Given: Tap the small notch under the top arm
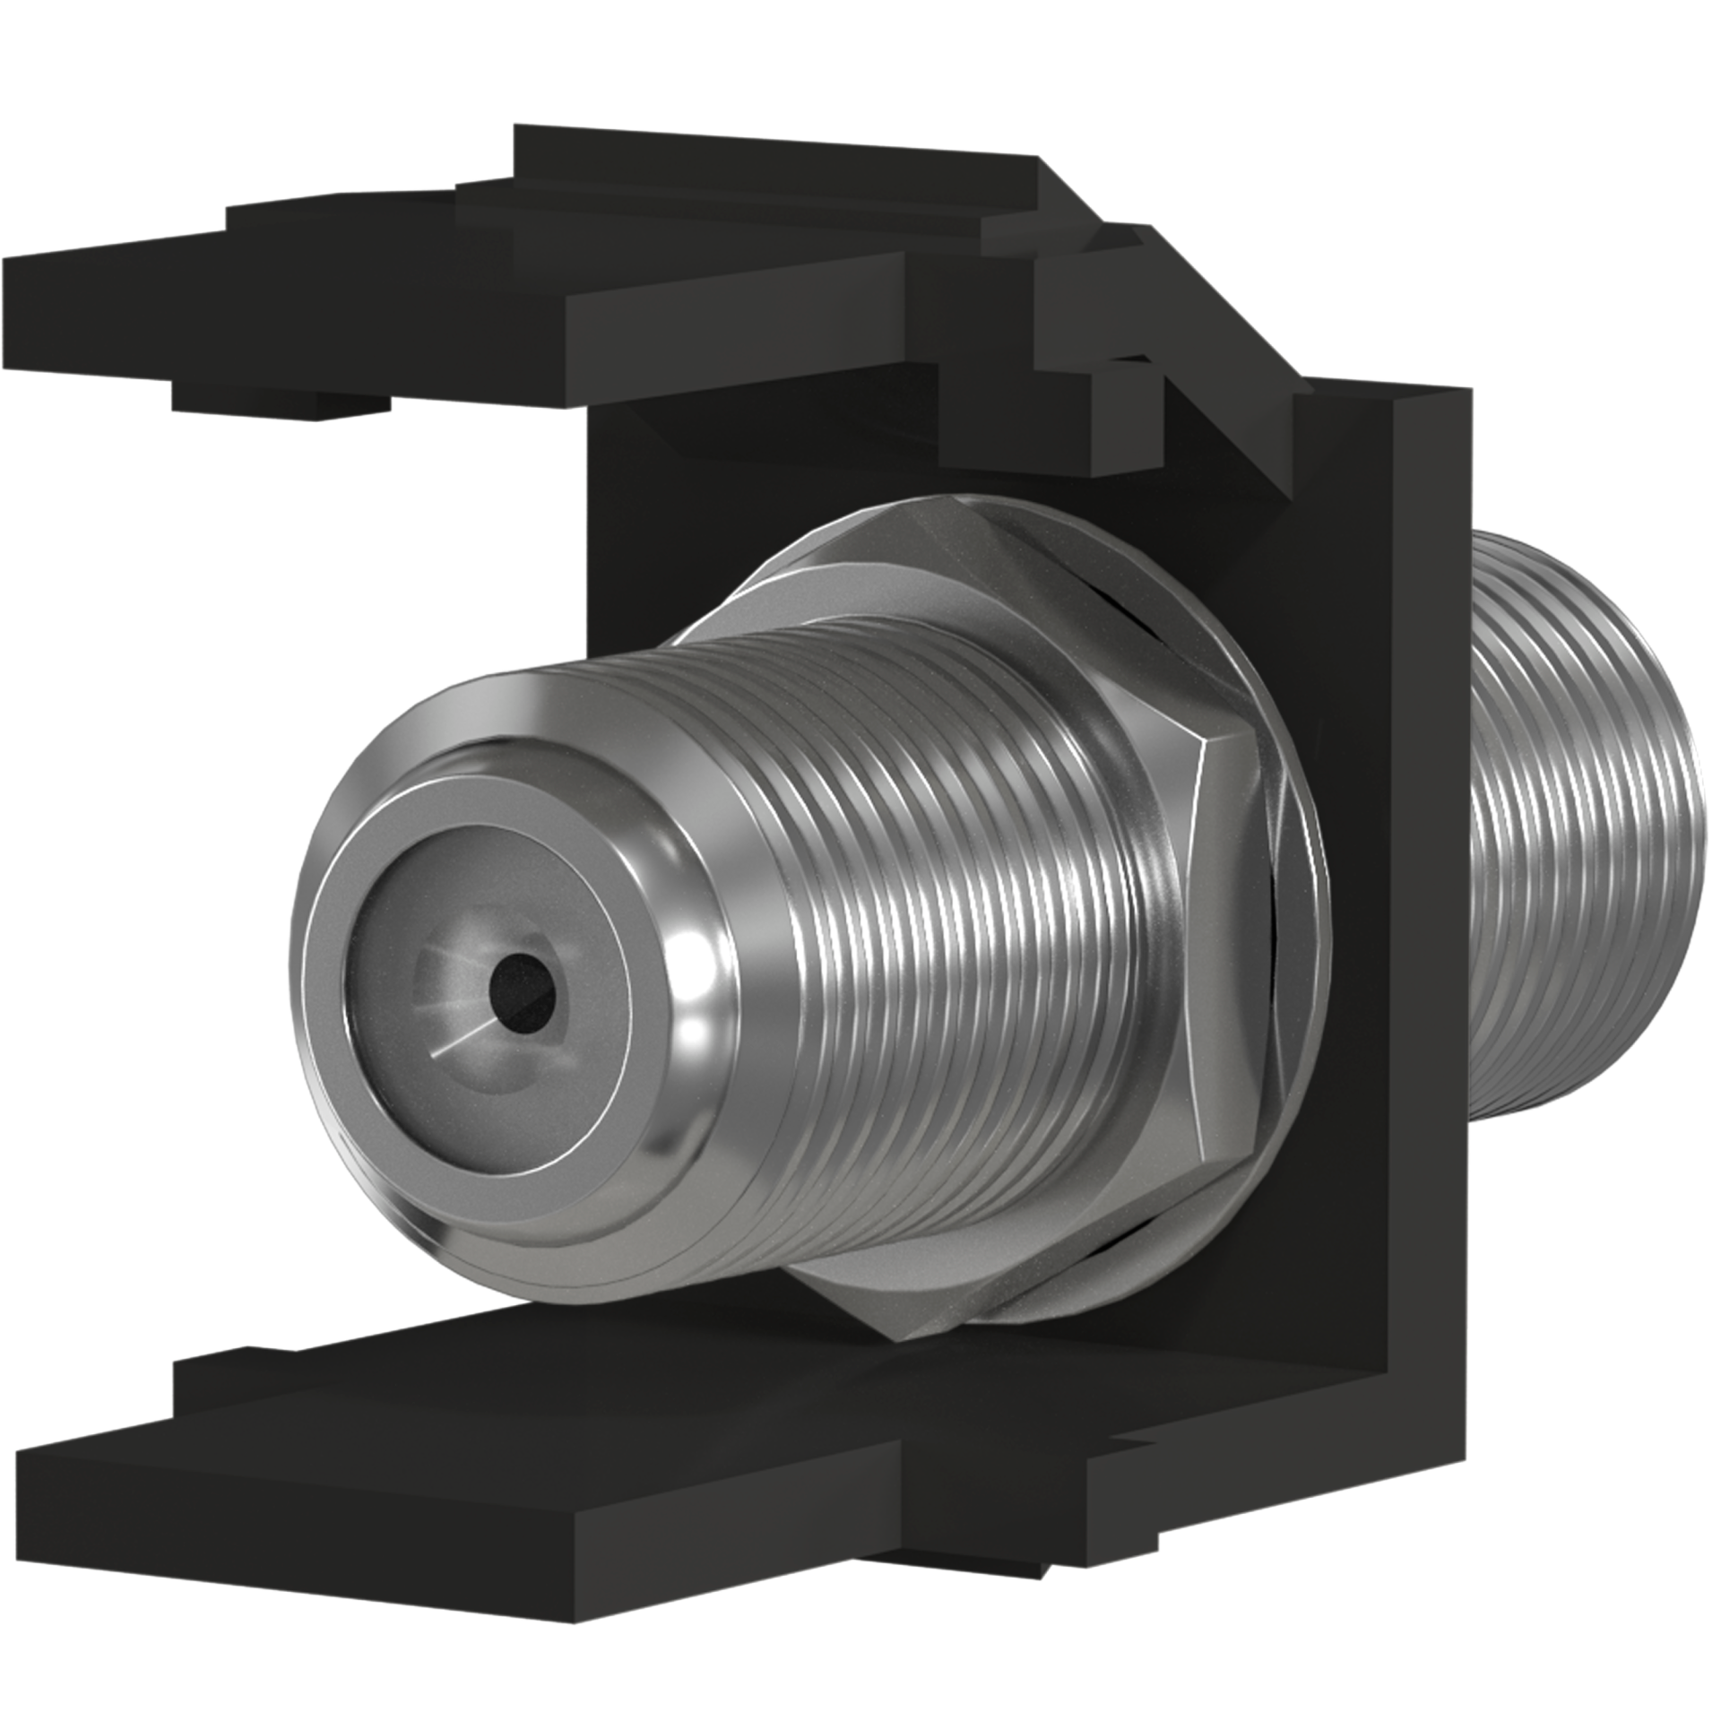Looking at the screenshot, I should coord(278,403).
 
